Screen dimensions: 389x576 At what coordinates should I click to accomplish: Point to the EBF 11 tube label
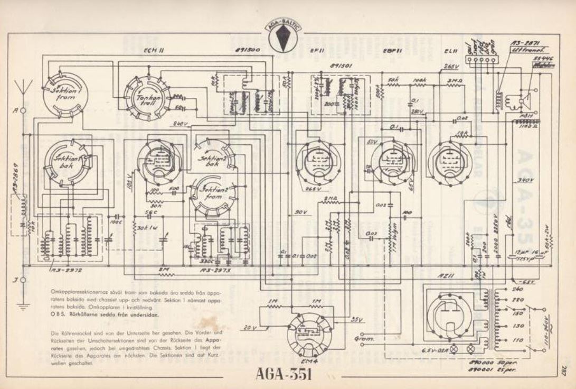coord(389,52)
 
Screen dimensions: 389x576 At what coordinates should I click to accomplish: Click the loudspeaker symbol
coord(523,99)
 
